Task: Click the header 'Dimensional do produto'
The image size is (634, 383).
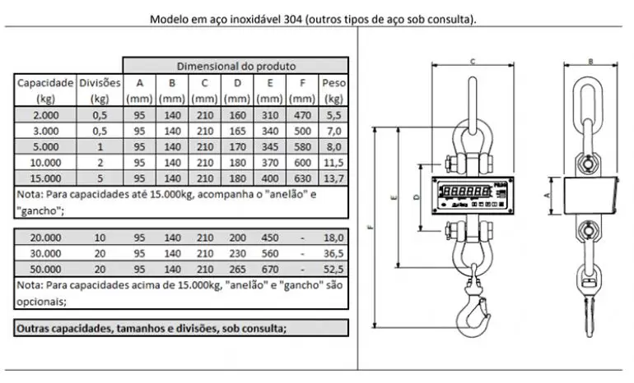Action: (236, 66)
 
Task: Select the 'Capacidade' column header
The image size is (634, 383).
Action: (45, 83)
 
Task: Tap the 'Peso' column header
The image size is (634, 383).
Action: (333, 83)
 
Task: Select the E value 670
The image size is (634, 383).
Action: (269, 267)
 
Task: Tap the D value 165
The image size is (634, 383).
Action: (237, 132)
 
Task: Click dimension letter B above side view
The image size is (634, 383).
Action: (590, 61)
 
